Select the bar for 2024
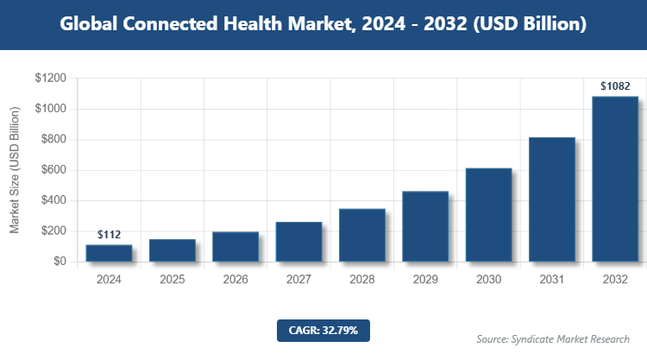click(109, 253)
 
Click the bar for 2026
click(236, 246)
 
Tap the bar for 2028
click(362, 235)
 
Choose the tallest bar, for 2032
click(615, 179)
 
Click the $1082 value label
click(615, 86)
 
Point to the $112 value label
click(109, 235)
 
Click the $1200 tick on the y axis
click(49, 79)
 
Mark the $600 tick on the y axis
click(53, 170)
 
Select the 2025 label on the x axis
click(173, 280)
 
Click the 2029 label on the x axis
click(425, 280)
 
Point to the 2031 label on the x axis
click(552, 280)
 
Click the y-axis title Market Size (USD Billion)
click(15, 170)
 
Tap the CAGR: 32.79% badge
click(323, 330)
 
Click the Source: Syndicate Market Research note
click(552, 338)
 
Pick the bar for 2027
click(298, 242)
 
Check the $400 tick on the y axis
click(53, 200)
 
